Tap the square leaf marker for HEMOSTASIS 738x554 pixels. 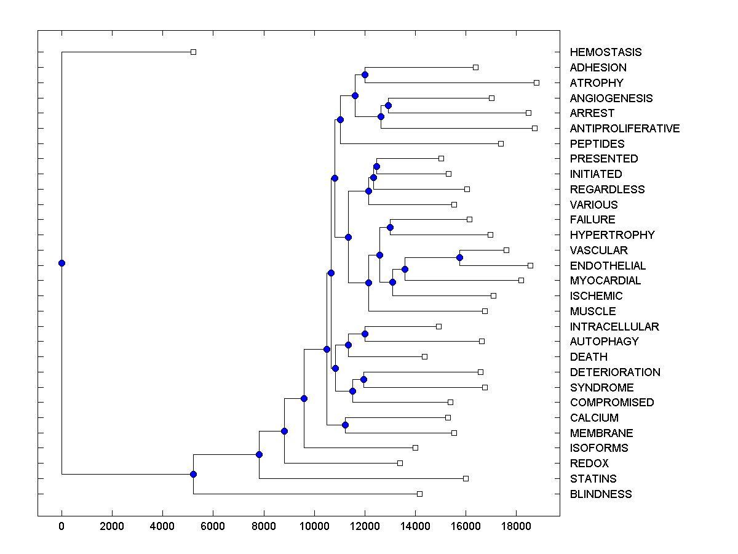[x=193, y=52]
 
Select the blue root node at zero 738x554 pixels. [x=61, y=263]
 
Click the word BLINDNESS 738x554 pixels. [x=600, y=494]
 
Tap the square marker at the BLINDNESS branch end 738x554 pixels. [x=419, y=494]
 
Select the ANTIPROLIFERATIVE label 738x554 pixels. [x=624, y=129]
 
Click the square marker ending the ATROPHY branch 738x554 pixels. [x=536, y=82]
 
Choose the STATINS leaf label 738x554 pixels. [x=593, y=479]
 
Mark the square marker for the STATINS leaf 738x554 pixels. [x=466, y=478]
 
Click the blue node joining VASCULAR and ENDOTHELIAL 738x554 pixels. [x=459, y=257]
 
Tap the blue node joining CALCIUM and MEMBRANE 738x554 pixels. [x=345, y=425]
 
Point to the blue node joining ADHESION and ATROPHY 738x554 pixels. [x=365, y=74]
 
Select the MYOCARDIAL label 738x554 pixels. [x=605, y=281]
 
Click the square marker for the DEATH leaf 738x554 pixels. [x=424, y=356]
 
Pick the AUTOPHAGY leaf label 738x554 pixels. [x=604, y=342]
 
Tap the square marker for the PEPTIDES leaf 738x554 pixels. [x=501, y=143]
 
